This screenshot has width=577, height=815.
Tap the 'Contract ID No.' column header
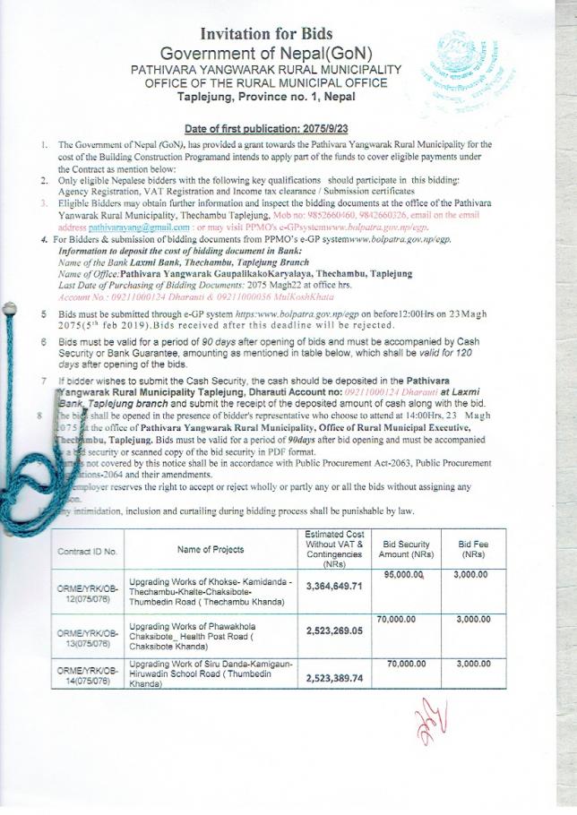click(88, 552)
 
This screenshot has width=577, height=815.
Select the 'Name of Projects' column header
click(211, 549)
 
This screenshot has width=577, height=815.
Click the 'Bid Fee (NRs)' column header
click(473, 550)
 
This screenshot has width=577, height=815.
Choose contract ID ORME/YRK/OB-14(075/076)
click(88, 674)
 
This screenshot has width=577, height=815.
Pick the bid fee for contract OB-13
click(473, 619)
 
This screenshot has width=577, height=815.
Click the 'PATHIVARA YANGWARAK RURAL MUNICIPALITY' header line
click(265, 69)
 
